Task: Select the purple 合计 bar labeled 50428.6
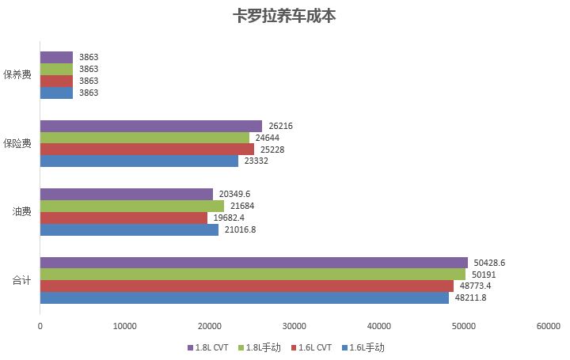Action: [x=253, y=263]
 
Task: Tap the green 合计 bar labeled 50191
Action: [x=253, y=275]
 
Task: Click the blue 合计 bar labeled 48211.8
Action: [x=245, y=297]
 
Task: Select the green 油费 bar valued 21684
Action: [x=131, y=206]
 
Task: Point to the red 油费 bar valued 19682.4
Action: [x=123, y=218]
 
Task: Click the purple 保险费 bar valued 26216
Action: [x=150, y=126]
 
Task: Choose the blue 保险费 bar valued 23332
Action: [x=139, y=161]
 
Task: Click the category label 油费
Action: [x=22, y=211]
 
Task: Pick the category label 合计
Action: [x=22, y=280]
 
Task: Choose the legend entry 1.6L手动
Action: [x=366, y=347]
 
